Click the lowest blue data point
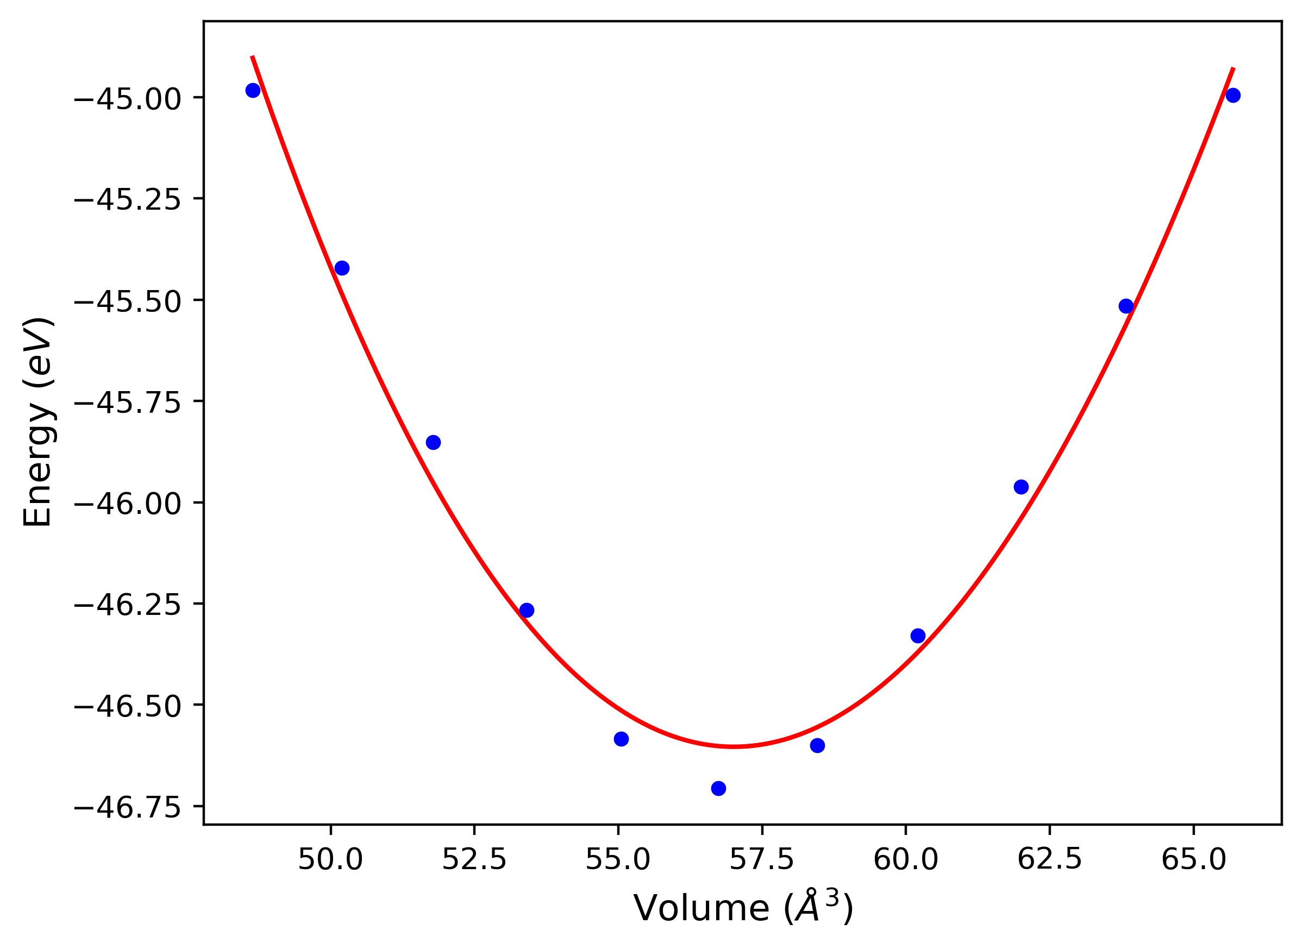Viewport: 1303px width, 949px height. (x=718, y=788)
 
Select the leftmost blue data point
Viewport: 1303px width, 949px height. (x=253, y=90)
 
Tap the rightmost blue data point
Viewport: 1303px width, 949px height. (x=1232, y=96)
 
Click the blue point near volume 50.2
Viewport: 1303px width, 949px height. (x=342, y=268)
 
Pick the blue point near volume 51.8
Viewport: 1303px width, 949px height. (x=433, y=442)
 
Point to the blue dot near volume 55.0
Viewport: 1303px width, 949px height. (x=621, y=739)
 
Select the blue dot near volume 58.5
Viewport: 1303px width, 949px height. (x=817, y=746)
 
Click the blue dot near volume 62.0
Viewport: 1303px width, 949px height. (x=1021, y=487)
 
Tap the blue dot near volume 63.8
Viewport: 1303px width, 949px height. (x=1126, y=306)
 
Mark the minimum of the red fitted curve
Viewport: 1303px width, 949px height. (x=733, y=746)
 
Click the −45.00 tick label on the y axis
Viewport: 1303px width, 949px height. (x=127, y=99)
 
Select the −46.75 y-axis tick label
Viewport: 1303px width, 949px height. (x=127, y=808)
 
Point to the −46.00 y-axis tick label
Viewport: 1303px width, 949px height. (x=127, y=504)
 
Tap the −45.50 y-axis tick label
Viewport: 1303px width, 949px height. (x=127, y=301)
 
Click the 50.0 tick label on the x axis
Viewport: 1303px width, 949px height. (x=330, y=860)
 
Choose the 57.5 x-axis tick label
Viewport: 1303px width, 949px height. (x=762, y=860)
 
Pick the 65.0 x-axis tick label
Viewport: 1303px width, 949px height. (x=1194, y=860)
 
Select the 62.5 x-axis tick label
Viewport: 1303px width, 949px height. (x=1050, y=860)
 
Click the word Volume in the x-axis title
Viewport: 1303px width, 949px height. (x=701, y=909)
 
